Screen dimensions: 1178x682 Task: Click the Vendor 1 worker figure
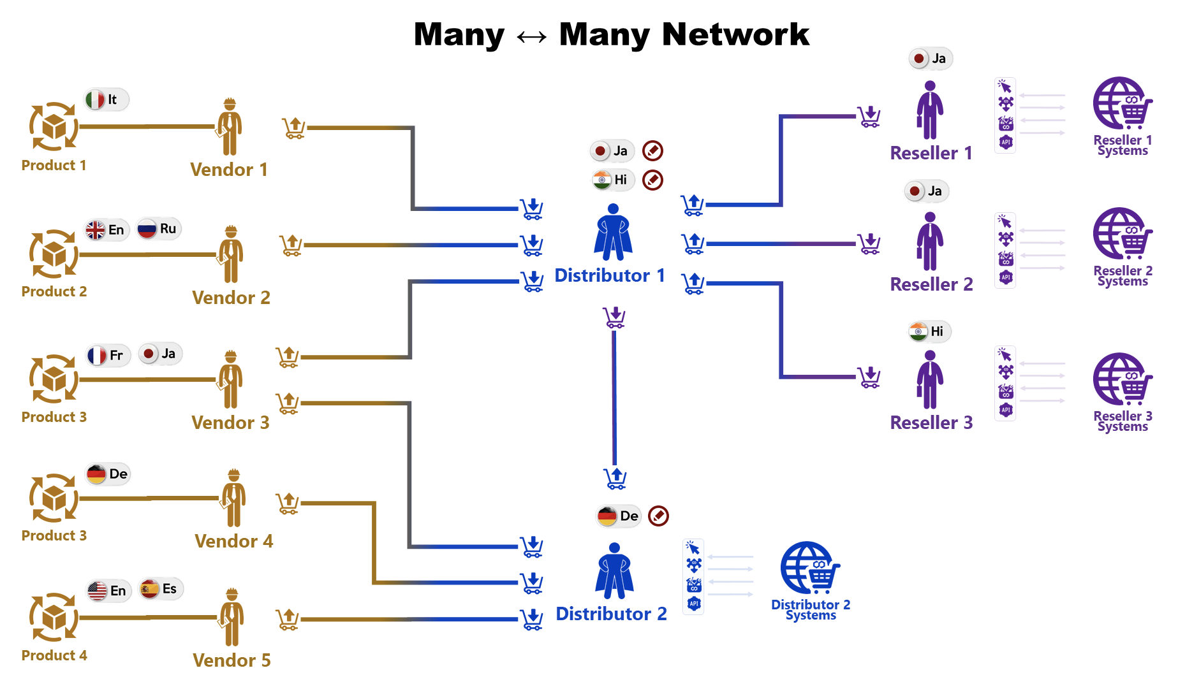pyautogui.click(x=230, y=127)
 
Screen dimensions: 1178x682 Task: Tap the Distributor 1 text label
pyautogui.click(x=610, y=275)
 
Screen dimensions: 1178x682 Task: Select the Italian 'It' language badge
pyautogui.click(x=107, y=99)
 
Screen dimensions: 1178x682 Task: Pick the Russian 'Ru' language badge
pyautogui.click(x=159, y=228)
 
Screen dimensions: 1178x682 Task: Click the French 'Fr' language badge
pyautogui.click(x=108, y=355)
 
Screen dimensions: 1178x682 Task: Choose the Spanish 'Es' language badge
pyautogui.click(x=161, y=588)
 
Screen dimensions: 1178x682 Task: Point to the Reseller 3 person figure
pyautogui.click(x=930, y=379)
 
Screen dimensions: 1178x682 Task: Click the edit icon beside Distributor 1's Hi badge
pyautogui.click(x=652, y=180)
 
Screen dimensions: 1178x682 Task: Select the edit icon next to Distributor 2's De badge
pyautogui.click(x=658, y=516)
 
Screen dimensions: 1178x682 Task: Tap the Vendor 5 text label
pyautogui.click(x=232, y=660)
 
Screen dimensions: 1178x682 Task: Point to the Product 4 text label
pyautogui.click(x=54, y=655)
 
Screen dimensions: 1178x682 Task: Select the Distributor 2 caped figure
pyautogui.click(x=614, y=570)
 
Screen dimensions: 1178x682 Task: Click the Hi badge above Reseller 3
pyautogui.click(x=930, y=331)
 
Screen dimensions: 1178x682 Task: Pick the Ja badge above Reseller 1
pyautogui.click(x=931, y=59)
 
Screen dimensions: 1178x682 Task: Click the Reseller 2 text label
pyautogui.click(x=931, y=284)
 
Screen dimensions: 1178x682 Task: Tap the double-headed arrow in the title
pyautogui.click(x=531, y=37)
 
